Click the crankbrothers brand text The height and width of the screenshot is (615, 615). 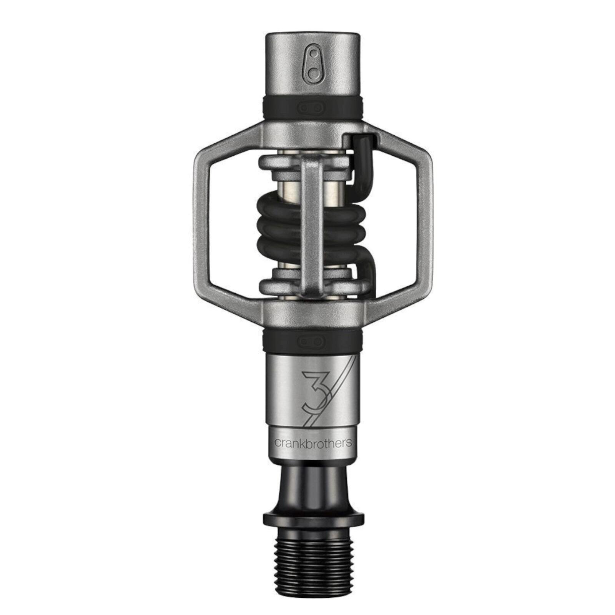pos(312,442)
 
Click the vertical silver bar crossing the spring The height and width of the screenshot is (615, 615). pos(312,223)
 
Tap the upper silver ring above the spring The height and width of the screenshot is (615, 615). pos(281,163)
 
